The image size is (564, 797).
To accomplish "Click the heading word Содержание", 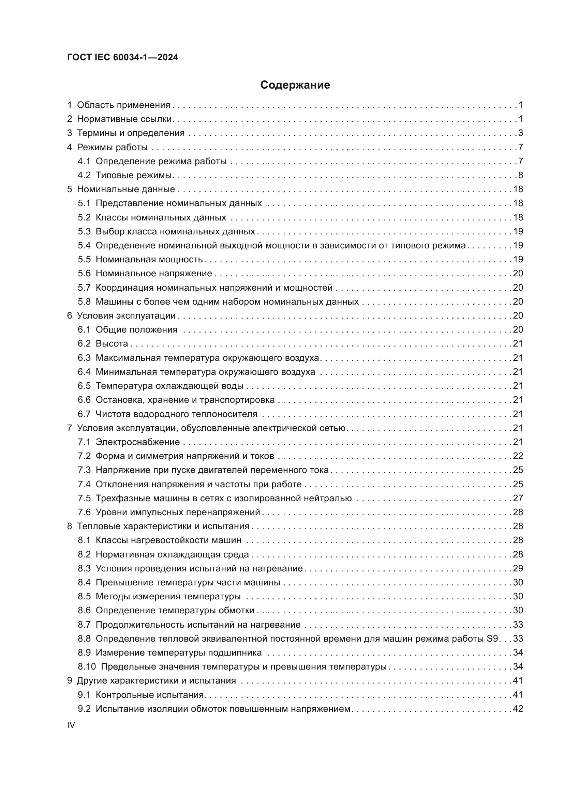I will [295, 85].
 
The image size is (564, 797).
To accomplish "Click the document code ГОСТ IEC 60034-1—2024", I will [123, 58].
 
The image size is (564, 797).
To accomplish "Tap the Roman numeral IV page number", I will [71, 725].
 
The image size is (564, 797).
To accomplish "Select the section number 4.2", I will [84, 175].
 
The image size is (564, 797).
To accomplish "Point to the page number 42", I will [518, 709].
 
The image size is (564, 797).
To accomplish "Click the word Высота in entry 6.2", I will [112, 344].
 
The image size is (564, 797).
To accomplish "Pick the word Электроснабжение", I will [138, 442].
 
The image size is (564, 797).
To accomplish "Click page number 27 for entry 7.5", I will [518, 498].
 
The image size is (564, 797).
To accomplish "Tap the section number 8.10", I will [87, 666].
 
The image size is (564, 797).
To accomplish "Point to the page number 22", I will [518, 456].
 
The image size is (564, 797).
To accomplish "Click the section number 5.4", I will [84, 245].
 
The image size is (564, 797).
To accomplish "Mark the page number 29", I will [518, 568].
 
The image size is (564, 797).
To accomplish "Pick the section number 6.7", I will [84, 414].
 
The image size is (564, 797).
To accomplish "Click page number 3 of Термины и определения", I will [520, 133].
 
